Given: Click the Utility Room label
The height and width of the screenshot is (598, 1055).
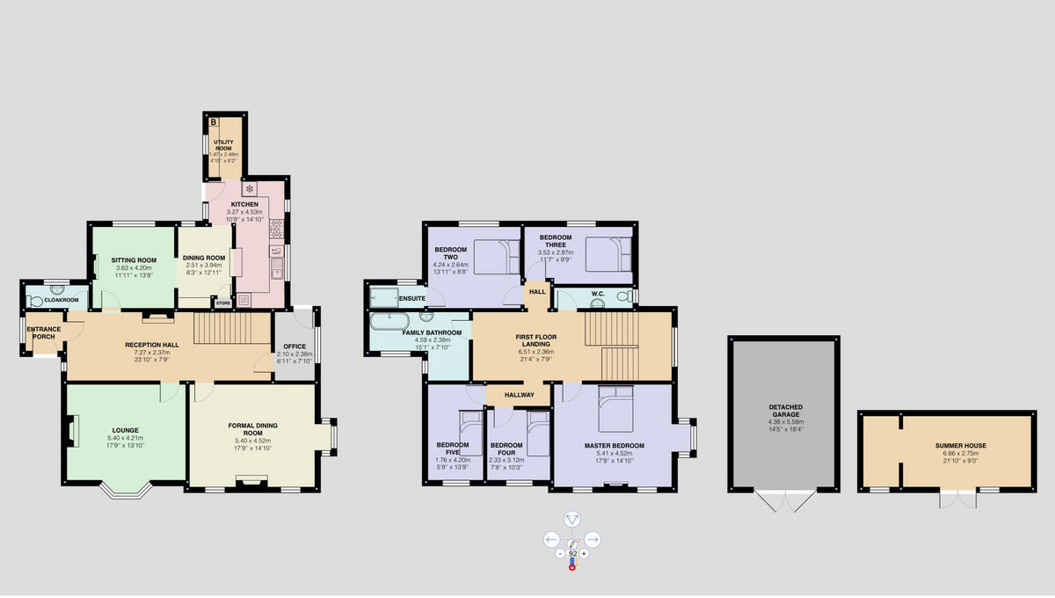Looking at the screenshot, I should (x=223, y=144).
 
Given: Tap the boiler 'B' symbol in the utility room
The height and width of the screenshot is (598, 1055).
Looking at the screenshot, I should (x=212, y=122).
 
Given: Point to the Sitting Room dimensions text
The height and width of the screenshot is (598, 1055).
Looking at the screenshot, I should (x=134, y=271).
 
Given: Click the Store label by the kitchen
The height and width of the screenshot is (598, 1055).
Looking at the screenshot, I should (x=222, y=303).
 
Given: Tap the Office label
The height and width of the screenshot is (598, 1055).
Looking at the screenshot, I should (x=295, y=346).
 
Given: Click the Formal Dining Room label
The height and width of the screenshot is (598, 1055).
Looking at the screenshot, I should (x=252, y=429).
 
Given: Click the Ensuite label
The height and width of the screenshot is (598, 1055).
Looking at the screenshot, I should (x=411, y=298).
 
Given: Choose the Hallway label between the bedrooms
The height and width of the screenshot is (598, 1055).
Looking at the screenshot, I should (x=519, y=395).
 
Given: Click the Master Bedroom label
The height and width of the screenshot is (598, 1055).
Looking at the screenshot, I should (x=615, y=445).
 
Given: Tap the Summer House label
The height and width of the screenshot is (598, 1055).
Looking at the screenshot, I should (x=955, y=446).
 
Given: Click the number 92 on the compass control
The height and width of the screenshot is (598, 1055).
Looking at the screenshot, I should (x=571, y=553).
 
